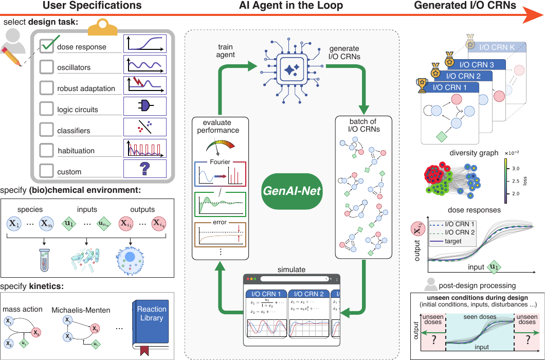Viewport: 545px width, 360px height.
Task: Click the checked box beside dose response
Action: click(47, 46)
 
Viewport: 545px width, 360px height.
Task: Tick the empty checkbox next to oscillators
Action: click(47, 67)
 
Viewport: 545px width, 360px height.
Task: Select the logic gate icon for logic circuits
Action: click(145, 106)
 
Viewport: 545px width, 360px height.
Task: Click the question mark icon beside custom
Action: click(145, 169)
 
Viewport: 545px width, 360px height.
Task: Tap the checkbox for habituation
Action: click(47, 151)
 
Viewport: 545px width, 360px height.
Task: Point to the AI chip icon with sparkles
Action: click(292, 67)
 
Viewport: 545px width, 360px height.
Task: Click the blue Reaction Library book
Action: click(152, 322)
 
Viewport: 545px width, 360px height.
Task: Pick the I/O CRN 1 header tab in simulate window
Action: click(266, 294)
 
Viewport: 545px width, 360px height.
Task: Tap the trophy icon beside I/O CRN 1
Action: click(423, 85)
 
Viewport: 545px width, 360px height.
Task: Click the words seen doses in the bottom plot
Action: click(480, 316)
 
